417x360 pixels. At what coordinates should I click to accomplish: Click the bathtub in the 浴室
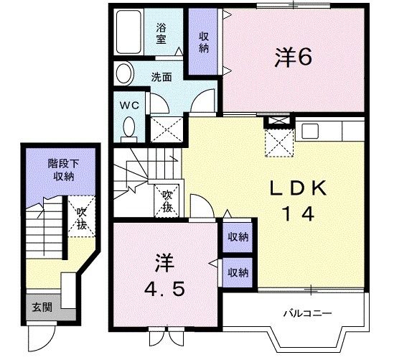point(128,32)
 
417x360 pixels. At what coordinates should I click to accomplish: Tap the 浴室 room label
point(161,34)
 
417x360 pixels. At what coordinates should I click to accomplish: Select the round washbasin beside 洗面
point(123,73)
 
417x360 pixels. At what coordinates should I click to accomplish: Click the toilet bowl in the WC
point(129,127)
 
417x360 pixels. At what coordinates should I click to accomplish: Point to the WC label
point(129,106)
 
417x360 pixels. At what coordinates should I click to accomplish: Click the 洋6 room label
point(293,57)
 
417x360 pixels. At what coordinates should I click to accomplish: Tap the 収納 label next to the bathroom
point(203,42)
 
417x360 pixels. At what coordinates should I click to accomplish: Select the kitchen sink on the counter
point(310,131)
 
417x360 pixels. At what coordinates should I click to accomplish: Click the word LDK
point(298,188)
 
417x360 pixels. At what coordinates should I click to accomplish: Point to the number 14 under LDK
point(299,214)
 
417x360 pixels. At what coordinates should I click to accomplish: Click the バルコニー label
point(307,313)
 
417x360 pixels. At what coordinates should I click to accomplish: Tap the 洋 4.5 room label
point(164,276)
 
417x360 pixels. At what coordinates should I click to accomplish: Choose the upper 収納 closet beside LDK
point(238,237)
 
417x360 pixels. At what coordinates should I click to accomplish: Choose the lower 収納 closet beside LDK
point(238,272)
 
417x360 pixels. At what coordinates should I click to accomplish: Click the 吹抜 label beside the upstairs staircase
point(167,201)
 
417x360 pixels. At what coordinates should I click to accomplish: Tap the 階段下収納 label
point(63,170)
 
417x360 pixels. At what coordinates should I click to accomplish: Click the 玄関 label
point(42,308)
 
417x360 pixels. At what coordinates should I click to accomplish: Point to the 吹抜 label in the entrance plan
point(82,218)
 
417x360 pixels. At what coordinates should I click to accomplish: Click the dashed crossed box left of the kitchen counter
point(279,142)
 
